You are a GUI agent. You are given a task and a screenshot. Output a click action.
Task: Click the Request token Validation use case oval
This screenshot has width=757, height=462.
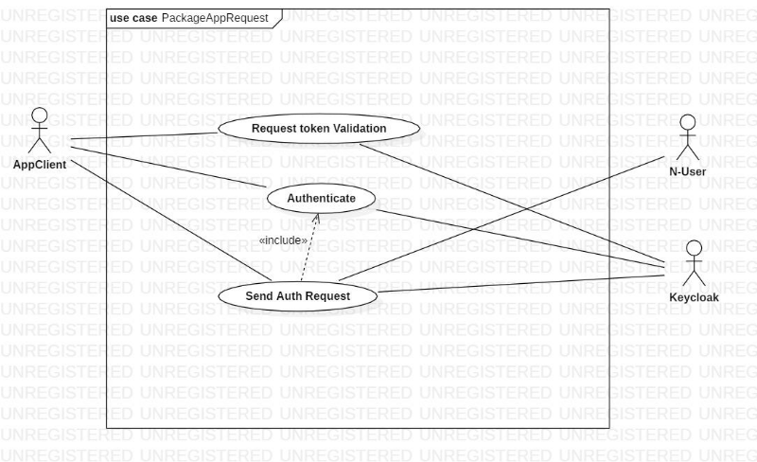pyautogui.click(x=319, y=128)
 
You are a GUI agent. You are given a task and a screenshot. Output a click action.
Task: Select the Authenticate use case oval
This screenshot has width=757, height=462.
pyautogui.click(x=321, y=199)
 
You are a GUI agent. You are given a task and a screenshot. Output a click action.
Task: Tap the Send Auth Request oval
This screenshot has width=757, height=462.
pyautogui.click(x=298, y=296)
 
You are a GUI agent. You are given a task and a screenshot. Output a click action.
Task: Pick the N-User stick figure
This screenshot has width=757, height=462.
pyautogui.click(x=688, y=138)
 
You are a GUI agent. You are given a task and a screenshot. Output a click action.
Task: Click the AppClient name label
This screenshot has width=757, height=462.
pyautogui.click(x=39, y=164)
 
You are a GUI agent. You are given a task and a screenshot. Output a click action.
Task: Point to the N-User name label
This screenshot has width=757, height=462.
pyautogui.click(x=688, y=171)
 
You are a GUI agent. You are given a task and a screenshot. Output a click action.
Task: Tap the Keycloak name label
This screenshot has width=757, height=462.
pyautogui.click(x=695, y=296)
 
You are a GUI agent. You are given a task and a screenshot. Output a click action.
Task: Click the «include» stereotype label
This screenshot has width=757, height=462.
pyautogui.click(x=284, y=240)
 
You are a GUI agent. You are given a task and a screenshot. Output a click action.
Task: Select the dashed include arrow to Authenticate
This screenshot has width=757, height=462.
pyautogui.click(x=309, y=248)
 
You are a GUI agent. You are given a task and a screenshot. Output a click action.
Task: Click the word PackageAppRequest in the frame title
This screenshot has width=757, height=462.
pyautogui.click(x=215, y=17)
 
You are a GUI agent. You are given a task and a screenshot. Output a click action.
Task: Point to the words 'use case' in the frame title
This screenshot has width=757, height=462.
pyautogui.click(x=133, y=17)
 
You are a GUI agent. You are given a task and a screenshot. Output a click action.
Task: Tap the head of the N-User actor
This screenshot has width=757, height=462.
pyautogui.click(x=688, y=122)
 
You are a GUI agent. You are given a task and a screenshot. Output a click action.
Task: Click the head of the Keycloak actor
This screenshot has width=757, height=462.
pyautogui.click(x=695, y=248)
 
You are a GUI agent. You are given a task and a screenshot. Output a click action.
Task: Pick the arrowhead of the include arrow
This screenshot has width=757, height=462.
pyautogui.click(x=317, y=219)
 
